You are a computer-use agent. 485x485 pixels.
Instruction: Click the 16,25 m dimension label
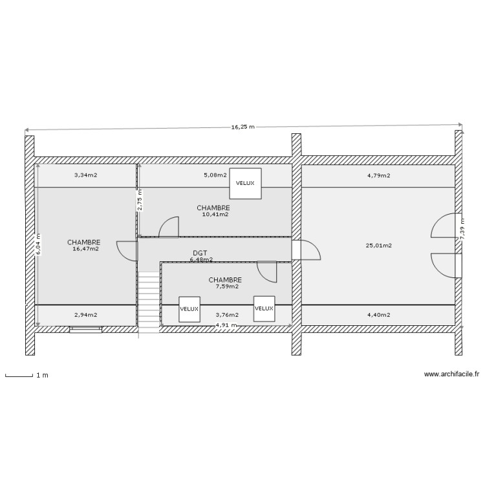click(x=243, y=127)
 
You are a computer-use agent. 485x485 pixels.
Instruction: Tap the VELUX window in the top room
click(x=246, y=183)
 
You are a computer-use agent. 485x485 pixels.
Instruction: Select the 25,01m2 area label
click(x=378, y=245)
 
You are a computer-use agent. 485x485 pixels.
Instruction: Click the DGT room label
click(x=200, y=253)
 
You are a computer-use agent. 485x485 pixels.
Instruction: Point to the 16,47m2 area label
click(x=86, y=248)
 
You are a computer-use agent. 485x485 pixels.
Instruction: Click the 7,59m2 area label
click(x=226, y=286)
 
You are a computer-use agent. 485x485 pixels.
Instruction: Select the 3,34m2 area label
click(x=85, y=175)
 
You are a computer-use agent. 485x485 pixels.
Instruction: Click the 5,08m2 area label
click(x=215, y=175)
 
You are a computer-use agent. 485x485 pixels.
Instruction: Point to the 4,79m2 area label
click(x=378, y=175)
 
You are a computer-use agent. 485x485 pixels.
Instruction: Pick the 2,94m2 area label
click(x=85, y=315)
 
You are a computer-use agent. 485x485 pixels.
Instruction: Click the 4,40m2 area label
click(x=378, y=315)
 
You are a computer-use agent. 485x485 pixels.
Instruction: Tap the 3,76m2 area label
click(x=227, y=315)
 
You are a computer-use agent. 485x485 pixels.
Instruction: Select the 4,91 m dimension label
click(x=226, y=325)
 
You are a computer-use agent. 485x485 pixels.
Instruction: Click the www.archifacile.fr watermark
click(x=452, y=374)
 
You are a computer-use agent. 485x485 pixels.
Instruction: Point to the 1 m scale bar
click(x=19, y=375)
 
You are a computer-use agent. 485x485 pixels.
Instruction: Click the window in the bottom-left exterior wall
click(x=85, y=329)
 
